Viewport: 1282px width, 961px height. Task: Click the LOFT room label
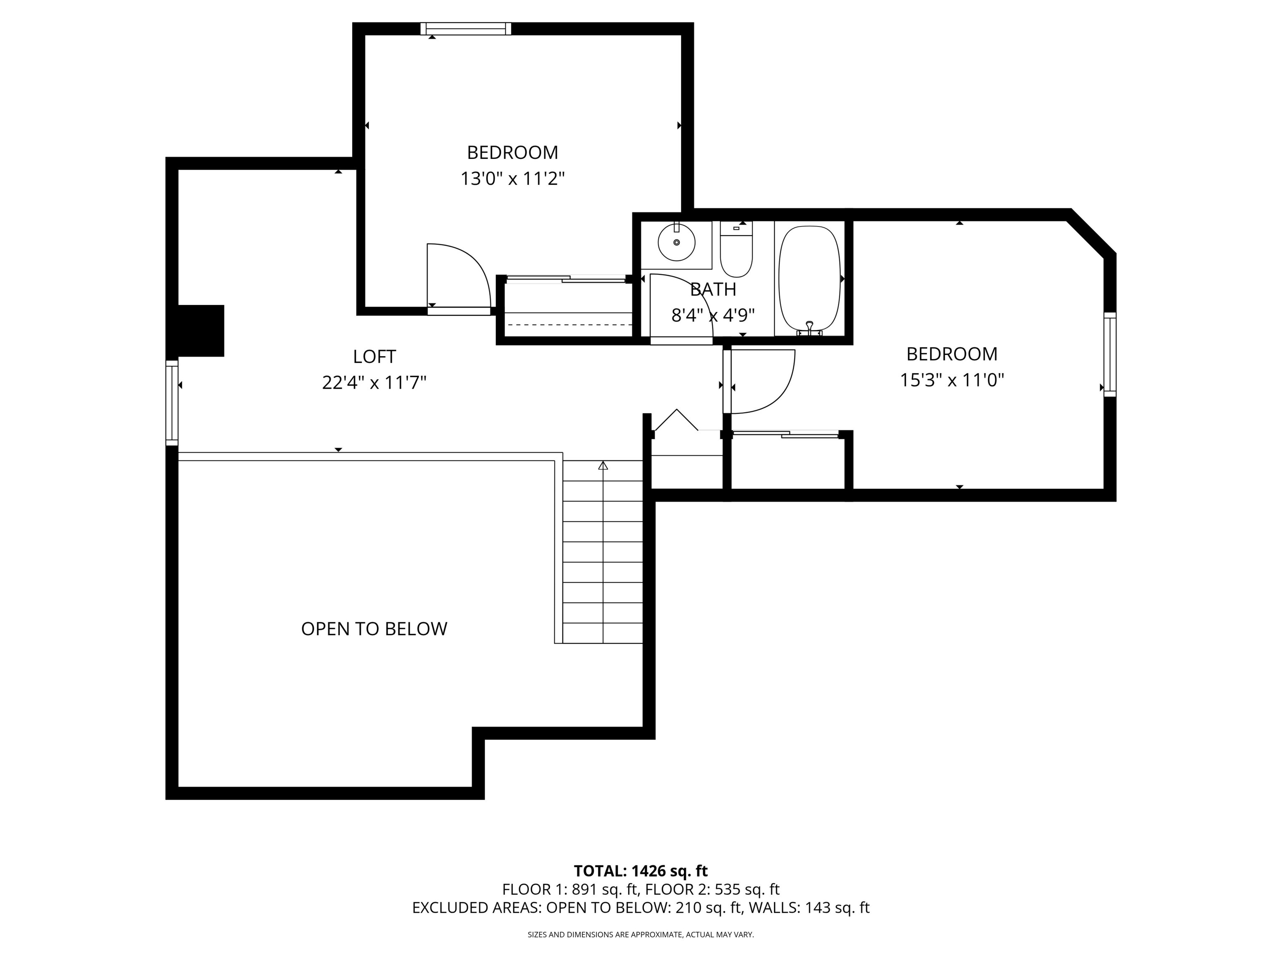pyautogui.click(x=374, y=356)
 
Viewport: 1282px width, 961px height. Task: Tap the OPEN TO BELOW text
pyautogui.click(x=374, y=629)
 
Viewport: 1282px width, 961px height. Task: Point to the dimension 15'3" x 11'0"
pyautogui.click(x=951, y=380)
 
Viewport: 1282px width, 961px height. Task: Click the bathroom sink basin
pyautogui.click(x=676, y=243)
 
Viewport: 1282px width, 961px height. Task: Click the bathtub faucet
pyautogui.click(x=810, y=328)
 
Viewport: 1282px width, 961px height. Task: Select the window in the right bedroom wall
pyautogui.click(x=1109, y=354)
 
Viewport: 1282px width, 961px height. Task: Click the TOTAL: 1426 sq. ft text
pyautogui.click(x=641, y=870)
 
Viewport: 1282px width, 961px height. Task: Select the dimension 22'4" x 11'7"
pyautogui.click(x=374, y=382)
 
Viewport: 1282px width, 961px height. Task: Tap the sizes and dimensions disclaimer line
pyautogui.click(x=641, y=934)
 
